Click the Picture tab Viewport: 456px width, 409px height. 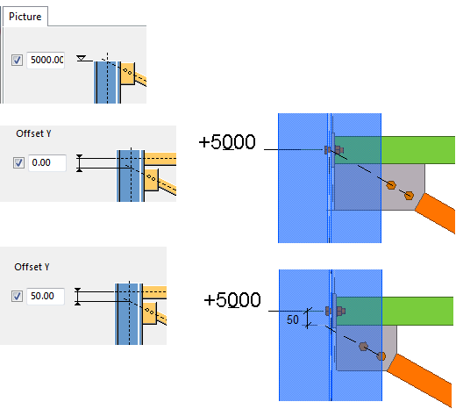point(25,16)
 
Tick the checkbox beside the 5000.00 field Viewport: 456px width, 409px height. point(18,61)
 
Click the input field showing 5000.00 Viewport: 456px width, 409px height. point(46,61)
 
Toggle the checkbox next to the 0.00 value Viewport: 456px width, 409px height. point(18,163)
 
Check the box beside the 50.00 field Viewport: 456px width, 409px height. point(18,296)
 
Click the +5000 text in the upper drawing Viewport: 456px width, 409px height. point(227,142)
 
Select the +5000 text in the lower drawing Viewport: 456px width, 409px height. point(232,300)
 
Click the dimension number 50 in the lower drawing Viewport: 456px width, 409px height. point(294,320)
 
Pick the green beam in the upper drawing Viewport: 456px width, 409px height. point(417,148)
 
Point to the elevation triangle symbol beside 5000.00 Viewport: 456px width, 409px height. point(82,57)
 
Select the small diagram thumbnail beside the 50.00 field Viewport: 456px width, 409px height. point(127,302)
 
